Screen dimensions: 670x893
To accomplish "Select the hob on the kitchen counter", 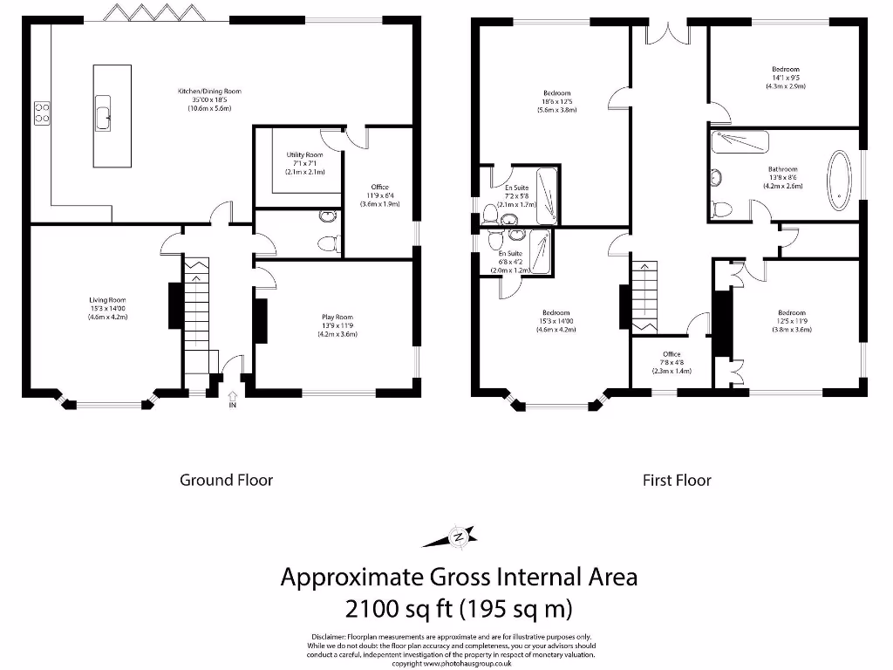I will [x=41, y=113].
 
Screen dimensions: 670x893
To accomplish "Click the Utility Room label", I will [x=304, y=163].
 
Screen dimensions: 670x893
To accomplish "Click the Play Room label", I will [x=337, y=325].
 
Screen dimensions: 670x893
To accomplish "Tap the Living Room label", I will [x=107, y=309].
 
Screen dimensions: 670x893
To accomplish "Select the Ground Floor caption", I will [x=226, y=480].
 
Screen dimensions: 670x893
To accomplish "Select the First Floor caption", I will [x=677, y=480].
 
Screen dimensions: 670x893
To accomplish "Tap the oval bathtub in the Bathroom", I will [x=839, y=181].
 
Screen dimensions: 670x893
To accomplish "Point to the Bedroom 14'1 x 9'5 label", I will [x=784, y=78].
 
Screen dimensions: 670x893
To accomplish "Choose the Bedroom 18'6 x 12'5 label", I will [x=557, y=101].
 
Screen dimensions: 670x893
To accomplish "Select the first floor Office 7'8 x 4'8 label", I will [x=671, y=362].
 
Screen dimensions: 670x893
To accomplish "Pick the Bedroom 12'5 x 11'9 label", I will [x=791, y=321].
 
